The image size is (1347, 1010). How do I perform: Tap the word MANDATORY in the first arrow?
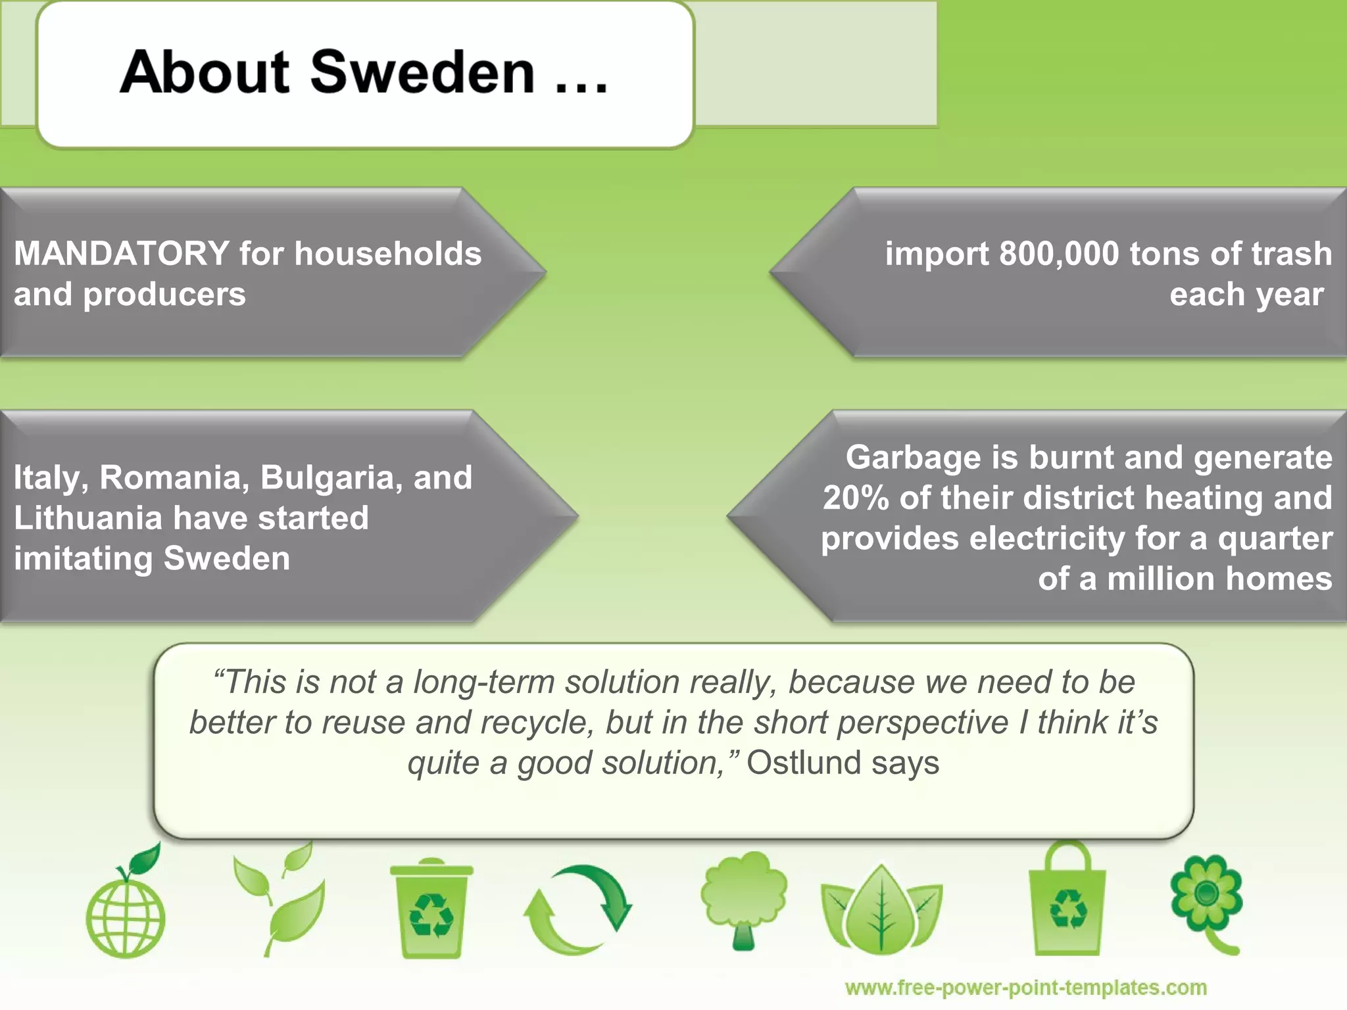tap(122, 254)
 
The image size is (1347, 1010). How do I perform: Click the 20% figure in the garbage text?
tap(856, 498)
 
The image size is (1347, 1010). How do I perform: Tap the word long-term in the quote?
tap(483, 683)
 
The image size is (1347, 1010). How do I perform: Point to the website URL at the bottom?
tap(1025, 988)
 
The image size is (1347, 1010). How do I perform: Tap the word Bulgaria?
tap(331, 477)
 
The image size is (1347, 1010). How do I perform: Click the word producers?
tap(164, 295)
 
